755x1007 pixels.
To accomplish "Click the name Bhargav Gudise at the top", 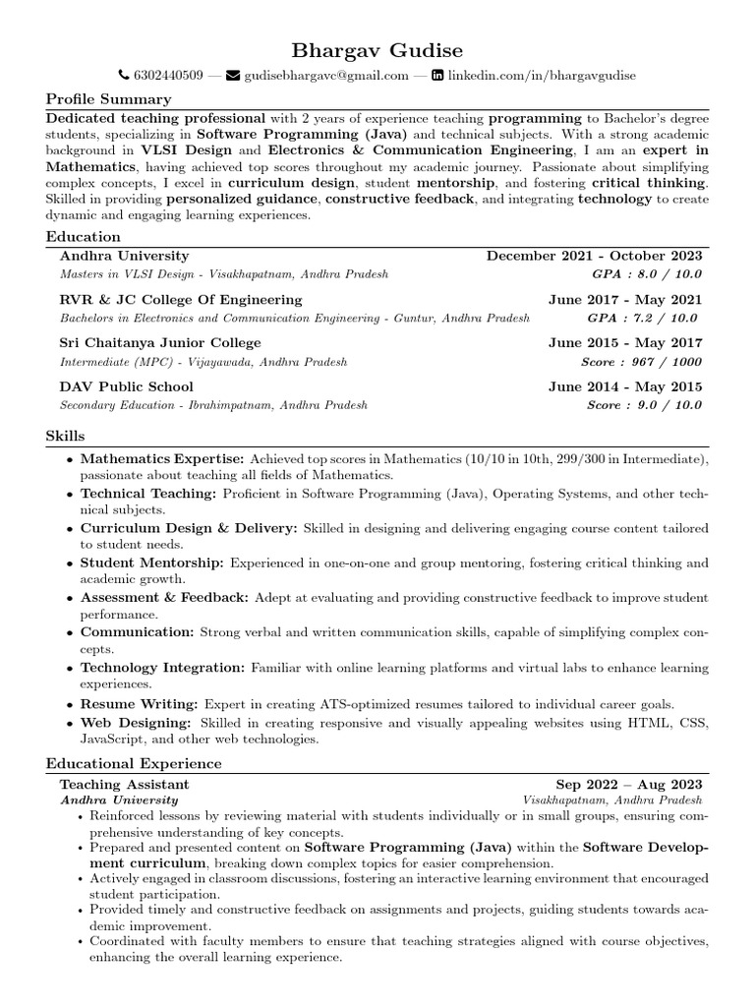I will click(x=377, y=49).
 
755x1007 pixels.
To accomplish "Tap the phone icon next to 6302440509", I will click(x=123, y=76).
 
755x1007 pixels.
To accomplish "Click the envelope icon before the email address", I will click(x=233, y=76).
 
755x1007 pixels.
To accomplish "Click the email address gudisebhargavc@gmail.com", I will click(x=326, y=76).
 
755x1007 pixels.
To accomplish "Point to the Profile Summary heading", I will click(x=108, y=99).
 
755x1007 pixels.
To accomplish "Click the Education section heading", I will click(x=84, y=237).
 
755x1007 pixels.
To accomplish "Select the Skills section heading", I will click(x=65, y=436).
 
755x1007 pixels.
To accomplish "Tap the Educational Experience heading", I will click(x=134, y=764).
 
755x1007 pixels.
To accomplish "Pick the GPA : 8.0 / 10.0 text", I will click(x=644, y=274).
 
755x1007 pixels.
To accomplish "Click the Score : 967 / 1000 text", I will click(x=644, y=361).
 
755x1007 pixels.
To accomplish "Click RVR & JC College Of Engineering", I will click(x=181, y=300).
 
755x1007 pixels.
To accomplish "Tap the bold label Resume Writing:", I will click(x=140, y=704).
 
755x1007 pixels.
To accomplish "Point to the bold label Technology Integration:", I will click(x=163, y=668).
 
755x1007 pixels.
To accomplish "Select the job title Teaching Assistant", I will click(x=125, y=784).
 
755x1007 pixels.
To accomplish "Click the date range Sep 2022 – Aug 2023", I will click(x=629, y=784).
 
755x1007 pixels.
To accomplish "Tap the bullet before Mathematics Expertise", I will click(x=69, y=459).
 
